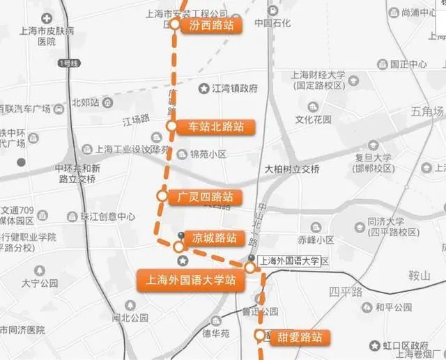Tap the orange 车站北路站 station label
pyautogui.click(x=216, y=127)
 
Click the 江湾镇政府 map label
pyautogui.click(x=234, y=88)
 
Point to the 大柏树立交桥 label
pyautogui.click(x=292, y=170)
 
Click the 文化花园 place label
pyautogui.click(x=313, y=119)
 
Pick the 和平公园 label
pyautogui.click(x=394, y=307)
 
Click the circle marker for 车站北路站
pyautogui.click(x=171, y=126)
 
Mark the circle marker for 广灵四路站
pyautogui.click(x=162, y=196)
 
